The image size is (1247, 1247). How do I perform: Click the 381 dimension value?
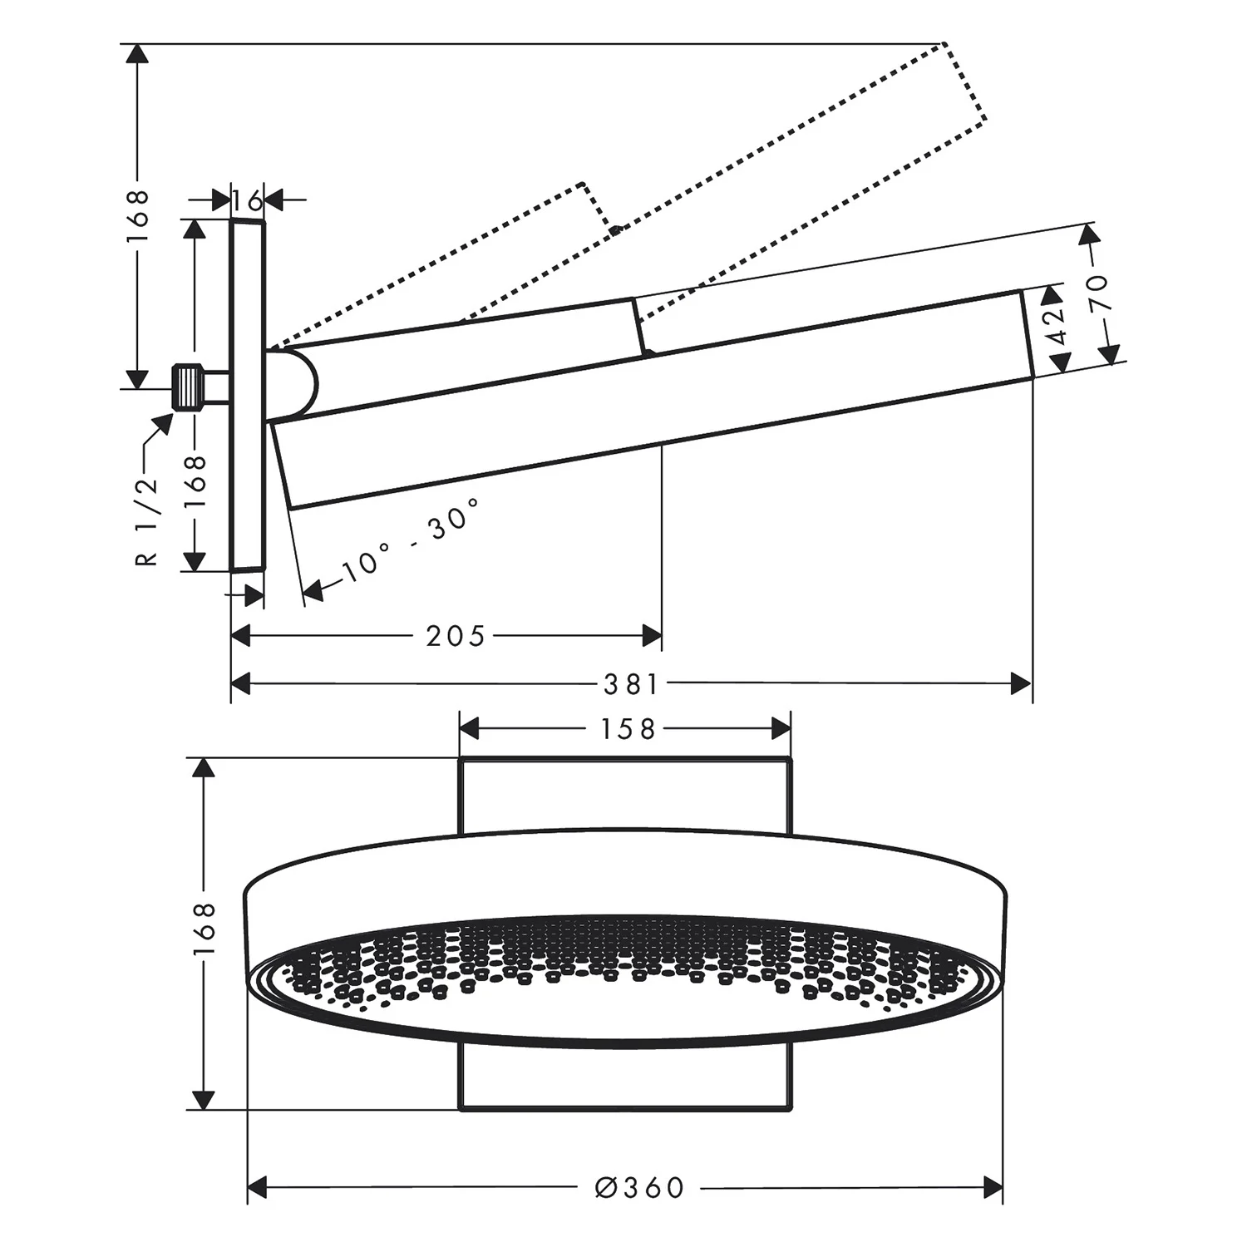631,684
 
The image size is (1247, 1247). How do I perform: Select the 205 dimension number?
455,637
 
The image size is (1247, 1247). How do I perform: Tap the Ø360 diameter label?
640,1188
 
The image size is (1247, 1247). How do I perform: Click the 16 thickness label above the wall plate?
247,200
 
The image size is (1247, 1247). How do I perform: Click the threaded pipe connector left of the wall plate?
190,387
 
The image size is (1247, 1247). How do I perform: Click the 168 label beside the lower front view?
205,930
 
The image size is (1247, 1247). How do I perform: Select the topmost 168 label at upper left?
137,214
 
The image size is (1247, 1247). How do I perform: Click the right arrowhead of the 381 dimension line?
1021,684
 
